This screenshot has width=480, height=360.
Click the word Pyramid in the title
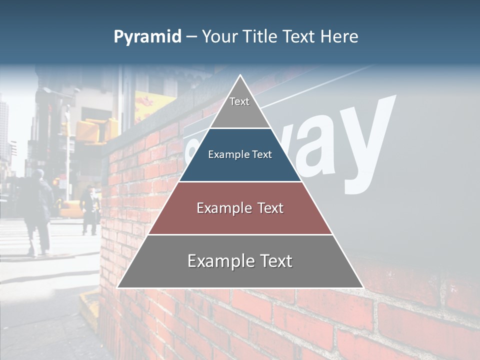coord(147,37)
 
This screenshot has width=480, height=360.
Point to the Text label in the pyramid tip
coord(239,101)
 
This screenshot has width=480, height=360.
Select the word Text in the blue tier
coord(262,154)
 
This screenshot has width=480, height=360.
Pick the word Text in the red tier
coord(270,208)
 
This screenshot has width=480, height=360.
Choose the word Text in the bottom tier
coord(275,261)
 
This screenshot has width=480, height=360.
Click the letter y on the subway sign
coord(367,145)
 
